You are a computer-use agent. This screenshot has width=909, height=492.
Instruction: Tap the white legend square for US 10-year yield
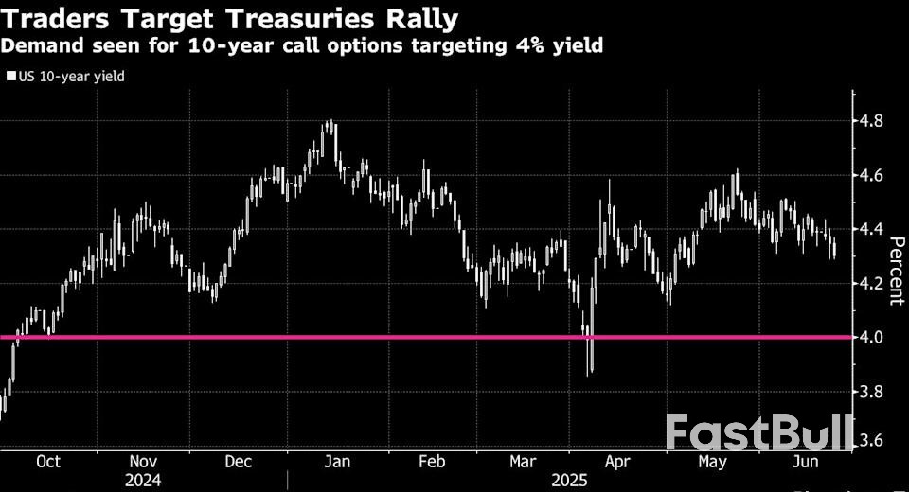click(x=10, y=76)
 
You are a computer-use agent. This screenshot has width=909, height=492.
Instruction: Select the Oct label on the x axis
click(x=47, y=462)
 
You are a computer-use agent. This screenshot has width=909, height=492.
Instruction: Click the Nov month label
click(x=143, y=462)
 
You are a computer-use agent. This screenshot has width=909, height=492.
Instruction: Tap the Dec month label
click(x=239, y=462)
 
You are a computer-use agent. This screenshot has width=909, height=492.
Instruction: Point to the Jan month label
click(x=338, y=462)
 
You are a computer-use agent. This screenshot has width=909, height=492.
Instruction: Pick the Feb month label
click(x=432, y=462)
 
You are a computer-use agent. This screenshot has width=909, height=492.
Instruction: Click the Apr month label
click(x=616, y=462)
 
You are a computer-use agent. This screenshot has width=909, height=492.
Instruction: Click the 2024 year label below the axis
click(x=143, y=481)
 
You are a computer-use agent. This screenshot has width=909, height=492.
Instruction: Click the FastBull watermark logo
click(x=758, y=431)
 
